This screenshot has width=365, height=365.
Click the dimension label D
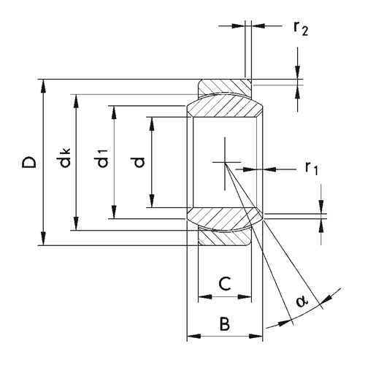[x=29, y=162]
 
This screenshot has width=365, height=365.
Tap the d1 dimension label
[x=102, y=158]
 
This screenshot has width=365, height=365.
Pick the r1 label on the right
[x=312, y=168]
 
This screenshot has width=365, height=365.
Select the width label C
[x=225, y=283]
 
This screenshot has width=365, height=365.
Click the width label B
[x=225, y=323]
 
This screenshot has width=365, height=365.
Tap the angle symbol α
[x=302, y=301]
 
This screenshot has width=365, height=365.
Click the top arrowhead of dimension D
[x=43, y=86]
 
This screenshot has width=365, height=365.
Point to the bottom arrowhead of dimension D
[x=43, y=239]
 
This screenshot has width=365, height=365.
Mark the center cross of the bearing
[x=225, y=162]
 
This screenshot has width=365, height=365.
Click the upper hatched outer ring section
[x=224, y=86]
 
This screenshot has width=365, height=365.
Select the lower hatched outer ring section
[x=224, y=238]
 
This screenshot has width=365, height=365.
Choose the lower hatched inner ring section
[x=224, y=219]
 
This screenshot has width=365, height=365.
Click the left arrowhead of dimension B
[x=194, y=337]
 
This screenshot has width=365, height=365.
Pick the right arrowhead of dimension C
[x=245, y=297]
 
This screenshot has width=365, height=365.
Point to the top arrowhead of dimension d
[x=152, y=124]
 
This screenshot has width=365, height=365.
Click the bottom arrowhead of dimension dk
[x=76, y=223]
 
